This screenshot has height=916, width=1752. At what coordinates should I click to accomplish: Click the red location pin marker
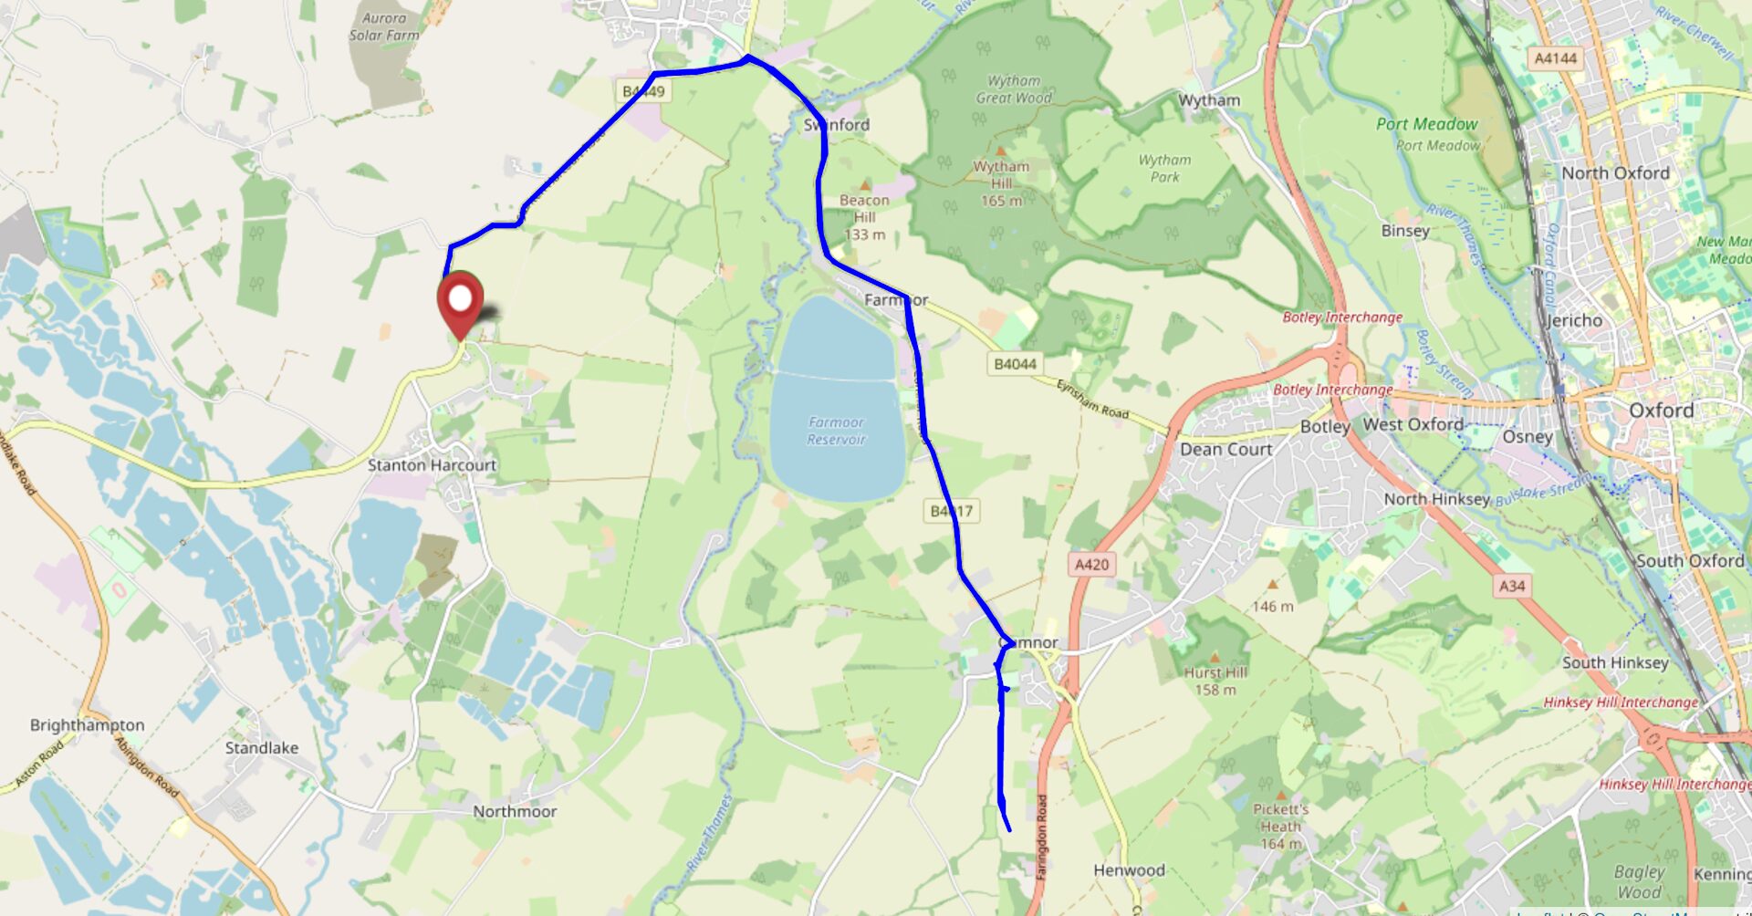460,301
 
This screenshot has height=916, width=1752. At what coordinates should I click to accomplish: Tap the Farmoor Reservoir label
836,431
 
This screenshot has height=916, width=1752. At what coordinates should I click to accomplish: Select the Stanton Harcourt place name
432,465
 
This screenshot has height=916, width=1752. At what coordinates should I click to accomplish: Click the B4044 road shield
1015,364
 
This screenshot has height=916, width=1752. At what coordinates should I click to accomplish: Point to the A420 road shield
1091,565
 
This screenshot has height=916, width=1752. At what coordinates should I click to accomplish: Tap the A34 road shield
1511,586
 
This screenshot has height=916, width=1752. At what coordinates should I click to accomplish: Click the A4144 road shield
1555,58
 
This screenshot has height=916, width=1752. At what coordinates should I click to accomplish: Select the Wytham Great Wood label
1013,89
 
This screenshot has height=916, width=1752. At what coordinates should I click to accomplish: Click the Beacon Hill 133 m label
864,217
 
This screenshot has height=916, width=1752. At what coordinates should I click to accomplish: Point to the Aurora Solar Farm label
384,26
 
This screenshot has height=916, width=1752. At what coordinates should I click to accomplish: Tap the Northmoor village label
515,811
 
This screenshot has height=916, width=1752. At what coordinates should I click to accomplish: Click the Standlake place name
262,748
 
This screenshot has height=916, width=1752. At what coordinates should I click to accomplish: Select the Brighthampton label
88,725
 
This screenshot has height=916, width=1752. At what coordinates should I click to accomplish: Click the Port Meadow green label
1426,124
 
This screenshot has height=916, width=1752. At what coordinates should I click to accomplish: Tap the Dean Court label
1225,450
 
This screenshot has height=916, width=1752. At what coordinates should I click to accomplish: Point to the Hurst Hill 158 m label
1215,681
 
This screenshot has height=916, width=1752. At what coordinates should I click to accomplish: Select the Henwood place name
1129,870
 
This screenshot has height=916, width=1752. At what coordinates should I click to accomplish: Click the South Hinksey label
1615,663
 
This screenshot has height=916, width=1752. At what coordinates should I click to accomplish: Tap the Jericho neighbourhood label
1574,321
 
